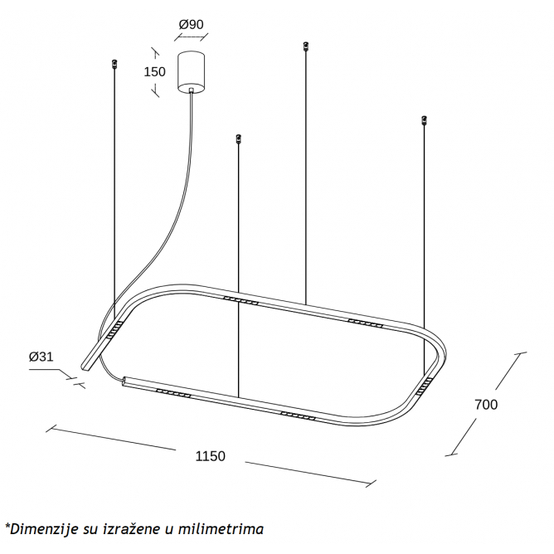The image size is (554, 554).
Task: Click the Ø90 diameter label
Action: (x=191, y=24)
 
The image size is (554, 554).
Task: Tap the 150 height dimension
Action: (x=154, y=71)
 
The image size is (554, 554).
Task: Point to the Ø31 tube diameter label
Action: (x=41, y=357)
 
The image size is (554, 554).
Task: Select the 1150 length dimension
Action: (x=210, y=456)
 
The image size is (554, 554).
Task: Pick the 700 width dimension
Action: (x=486, y=405)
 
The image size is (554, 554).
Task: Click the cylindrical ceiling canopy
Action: (x=191, y=72)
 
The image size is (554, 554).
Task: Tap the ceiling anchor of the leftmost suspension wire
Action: (x=114, y=64)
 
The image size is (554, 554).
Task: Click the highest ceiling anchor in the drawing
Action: (x=306, y=46)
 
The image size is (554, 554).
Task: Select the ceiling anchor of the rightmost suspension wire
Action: (x=425, y=119)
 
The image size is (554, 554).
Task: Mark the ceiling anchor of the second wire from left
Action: (x=239, y=138)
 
